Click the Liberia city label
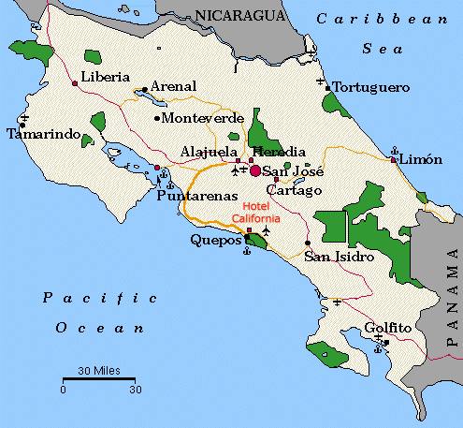104,77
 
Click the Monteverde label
203,118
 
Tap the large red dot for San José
255,170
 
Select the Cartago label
298,190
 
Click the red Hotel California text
260,212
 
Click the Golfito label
389,328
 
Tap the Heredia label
278,152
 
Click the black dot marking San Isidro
308,244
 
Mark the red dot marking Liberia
75,84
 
